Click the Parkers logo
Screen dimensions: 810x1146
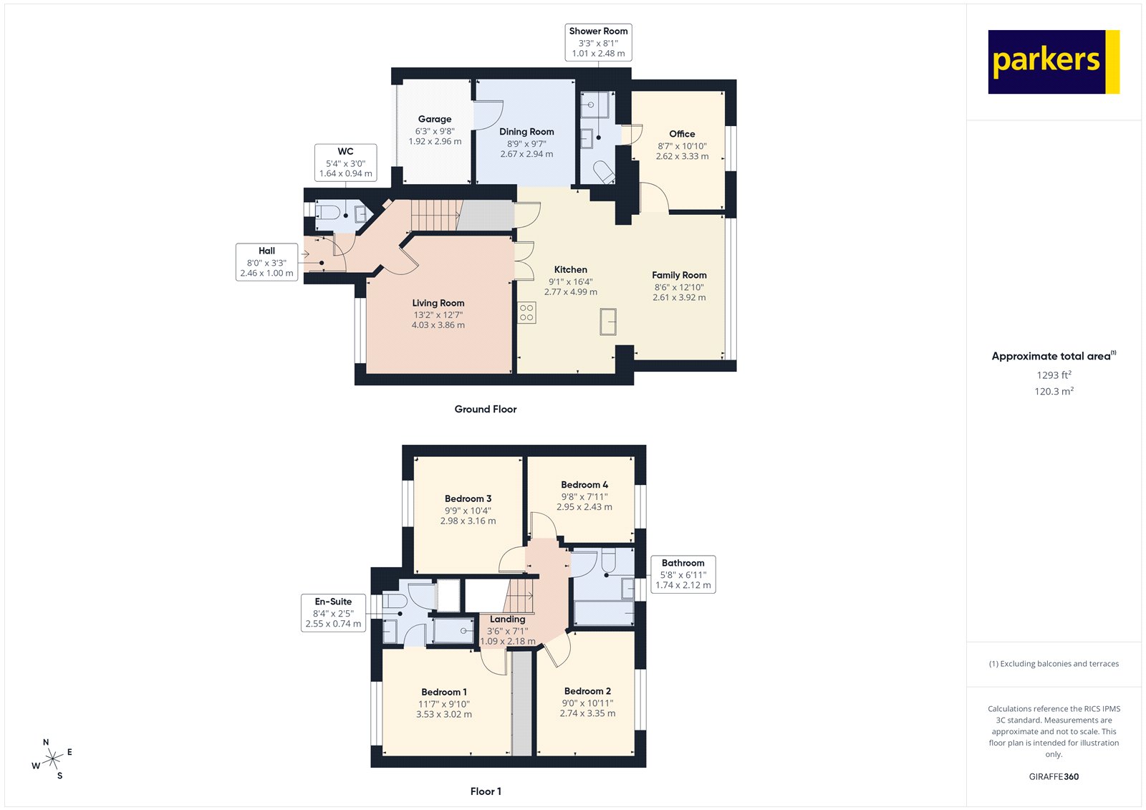pos(1053,62)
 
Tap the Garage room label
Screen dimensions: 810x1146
pos(435,119)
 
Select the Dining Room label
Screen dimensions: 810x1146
pos(526,132)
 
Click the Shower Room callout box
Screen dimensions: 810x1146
pos(598,42)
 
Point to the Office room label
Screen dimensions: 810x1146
pos(682,134)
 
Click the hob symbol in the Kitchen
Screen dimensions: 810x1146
pos(526,312)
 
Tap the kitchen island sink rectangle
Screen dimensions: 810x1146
pos(608,321)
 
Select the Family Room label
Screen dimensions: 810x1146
pos(679,275)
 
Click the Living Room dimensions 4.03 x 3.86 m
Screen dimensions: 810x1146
pos(438,325)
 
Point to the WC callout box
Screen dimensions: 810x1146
pos(345,163)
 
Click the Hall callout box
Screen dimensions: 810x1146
pos(266,262)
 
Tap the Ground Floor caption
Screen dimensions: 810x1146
pos(485,409)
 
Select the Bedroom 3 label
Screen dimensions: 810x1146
pos(468,498)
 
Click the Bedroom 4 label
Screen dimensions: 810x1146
pos(584,485)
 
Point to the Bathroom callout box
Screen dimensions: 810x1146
pos(683,574)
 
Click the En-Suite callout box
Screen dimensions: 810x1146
pos(333,612)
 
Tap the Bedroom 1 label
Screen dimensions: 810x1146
pos(443,692)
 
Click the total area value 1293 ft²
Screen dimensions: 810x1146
pos(1054,375)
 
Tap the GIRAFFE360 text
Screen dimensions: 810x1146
pos(1054,776)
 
